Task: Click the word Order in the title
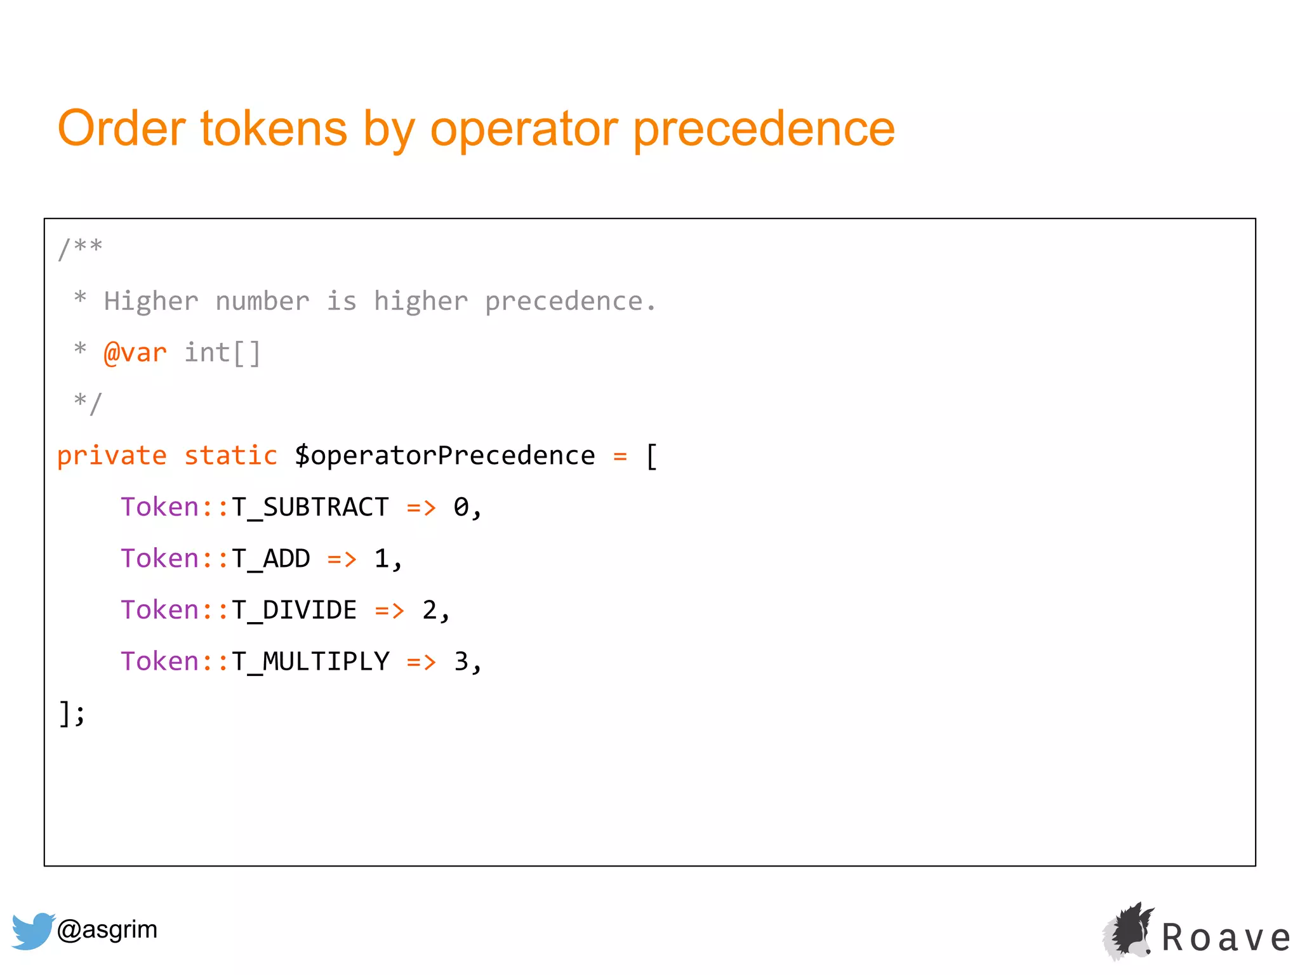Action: pos(121,129)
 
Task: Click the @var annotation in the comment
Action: pos(135,353)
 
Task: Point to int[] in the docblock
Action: pos(222,353)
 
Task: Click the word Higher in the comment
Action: pos(151,302)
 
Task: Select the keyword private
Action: pos(112,456)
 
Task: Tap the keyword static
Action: pos(230,456)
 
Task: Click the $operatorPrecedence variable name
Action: pos(444,456)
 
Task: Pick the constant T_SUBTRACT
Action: pos(310,507)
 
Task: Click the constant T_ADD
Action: pos(270,559)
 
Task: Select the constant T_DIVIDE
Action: pos(294,610)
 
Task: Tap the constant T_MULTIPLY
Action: pos(310,661)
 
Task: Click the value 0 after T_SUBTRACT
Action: pos(461,507)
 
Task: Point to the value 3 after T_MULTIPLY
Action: pos(461,661)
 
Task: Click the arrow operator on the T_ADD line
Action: pos(342,559)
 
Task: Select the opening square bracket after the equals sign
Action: pos(651,456)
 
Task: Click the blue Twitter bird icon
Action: pos(32,931)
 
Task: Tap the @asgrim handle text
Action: pos(107,930)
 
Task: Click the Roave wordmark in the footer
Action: pos(1225,938)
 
